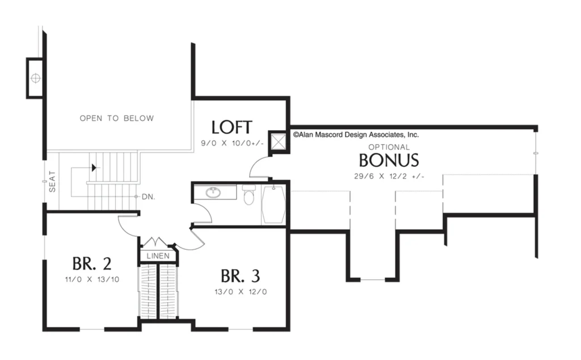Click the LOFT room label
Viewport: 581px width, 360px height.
point(231,127)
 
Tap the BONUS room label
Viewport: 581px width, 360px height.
point(389,160)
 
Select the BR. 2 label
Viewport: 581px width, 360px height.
point(91,263)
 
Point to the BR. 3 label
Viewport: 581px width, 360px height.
point(240,276)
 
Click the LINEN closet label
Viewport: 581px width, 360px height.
point(158,256)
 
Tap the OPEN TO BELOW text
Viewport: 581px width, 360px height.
point(117,118)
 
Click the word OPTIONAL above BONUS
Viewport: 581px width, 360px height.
point(389,147)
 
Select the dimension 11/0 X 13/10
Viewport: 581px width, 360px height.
point(92,279)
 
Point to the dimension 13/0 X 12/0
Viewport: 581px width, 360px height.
point(241,292)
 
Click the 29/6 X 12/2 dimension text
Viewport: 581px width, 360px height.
point(389,177)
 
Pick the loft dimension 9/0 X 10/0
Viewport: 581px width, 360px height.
point(232,143)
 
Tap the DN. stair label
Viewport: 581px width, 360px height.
point(148,197)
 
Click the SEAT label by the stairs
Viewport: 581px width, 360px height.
point(52,181)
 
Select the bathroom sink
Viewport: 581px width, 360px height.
point(213,192)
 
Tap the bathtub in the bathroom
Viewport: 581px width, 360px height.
point(273,205)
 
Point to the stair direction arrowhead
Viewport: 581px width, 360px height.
point(94,168)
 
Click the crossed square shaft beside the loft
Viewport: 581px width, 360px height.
point(278,141)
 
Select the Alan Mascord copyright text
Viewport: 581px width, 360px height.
point(356,135)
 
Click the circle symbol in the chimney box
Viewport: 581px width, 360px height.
point(36,78)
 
